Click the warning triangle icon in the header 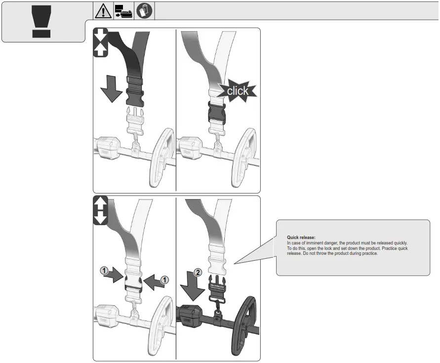(x=103, y=11)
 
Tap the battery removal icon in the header (x=123, y=11)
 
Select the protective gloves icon (x=144, y=11)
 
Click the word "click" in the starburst (x=238, y=91)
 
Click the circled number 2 (x=198, y=272)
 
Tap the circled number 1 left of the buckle (x=104, y=271)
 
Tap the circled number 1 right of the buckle (x=164, y=280)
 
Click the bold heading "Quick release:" (x=301, y=238)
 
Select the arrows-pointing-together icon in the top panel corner (x=100, y=42)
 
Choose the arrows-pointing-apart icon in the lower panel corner (x=100, y=210)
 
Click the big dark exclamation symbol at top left (x=41, y=22)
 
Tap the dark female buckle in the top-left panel (x=135, y=92)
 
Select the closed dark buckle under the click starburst (x=216, y=112)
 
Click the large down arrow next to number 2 (x=192, y=286)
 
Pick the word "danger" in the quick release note (x=330, y=243)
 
